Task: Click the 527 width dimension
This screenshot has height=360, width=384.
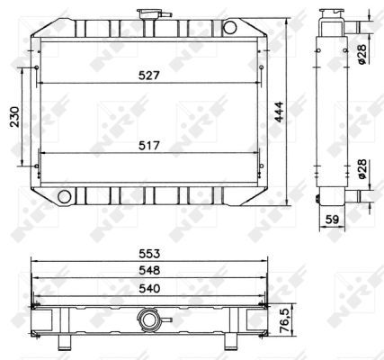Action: [x=150, y=76]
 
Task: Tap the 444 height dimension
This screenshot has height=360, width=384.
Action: [x=280, y=112]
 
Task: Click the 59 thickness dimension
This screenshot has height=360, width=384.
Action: [x=332, y=217]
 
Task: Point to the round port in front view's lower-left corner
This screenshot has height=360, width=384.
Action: [x=64, y=195]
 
